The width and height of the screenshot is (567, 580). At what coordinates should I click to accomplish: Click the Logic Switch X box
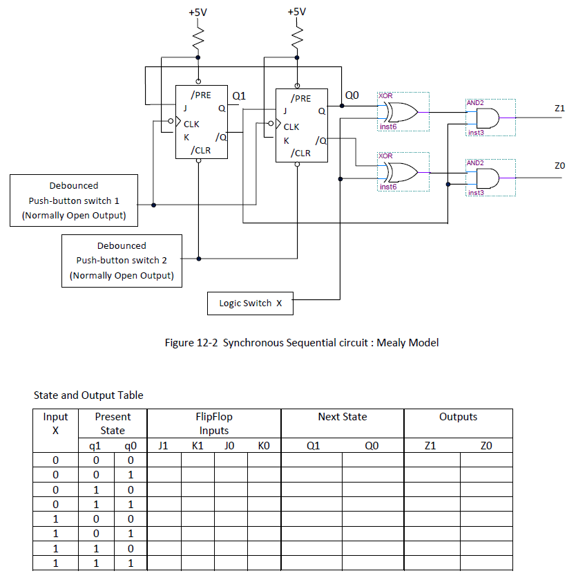pos(250,303)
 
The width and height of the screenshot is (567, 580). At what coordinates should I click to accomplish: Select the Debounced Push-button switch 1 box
pos(74,200)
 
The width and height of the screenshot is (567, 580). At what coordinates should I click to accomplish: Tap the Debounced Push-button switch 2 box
pos(122,261)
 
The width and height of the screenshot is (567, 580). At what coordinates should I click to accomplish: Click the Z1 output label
pos(559,109)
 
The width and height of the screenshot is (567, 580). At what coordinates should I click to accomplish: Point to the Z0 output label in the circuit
pos(559,166)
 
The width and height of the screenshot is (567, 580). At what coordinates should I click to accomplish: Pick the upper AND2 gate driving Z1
pos(490,117)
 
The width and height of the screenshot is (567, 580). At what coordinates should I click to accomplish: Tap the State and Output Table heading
pos(88,395)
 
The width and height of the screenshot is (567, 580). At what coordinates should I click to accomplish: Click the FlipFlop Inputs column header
pos(214,423)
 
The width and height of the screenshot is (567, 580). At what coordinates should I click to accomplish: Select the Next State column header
pos(342,417)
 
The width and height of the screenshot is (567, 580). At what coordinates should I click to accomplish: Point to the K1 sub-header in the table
pos(197,446)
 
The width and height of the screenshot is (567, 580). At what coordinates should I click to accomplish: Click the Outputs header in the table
pos(458,417)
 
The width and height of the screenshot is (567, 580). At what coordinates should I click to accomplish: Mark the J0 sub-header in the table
pos(230,446)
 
